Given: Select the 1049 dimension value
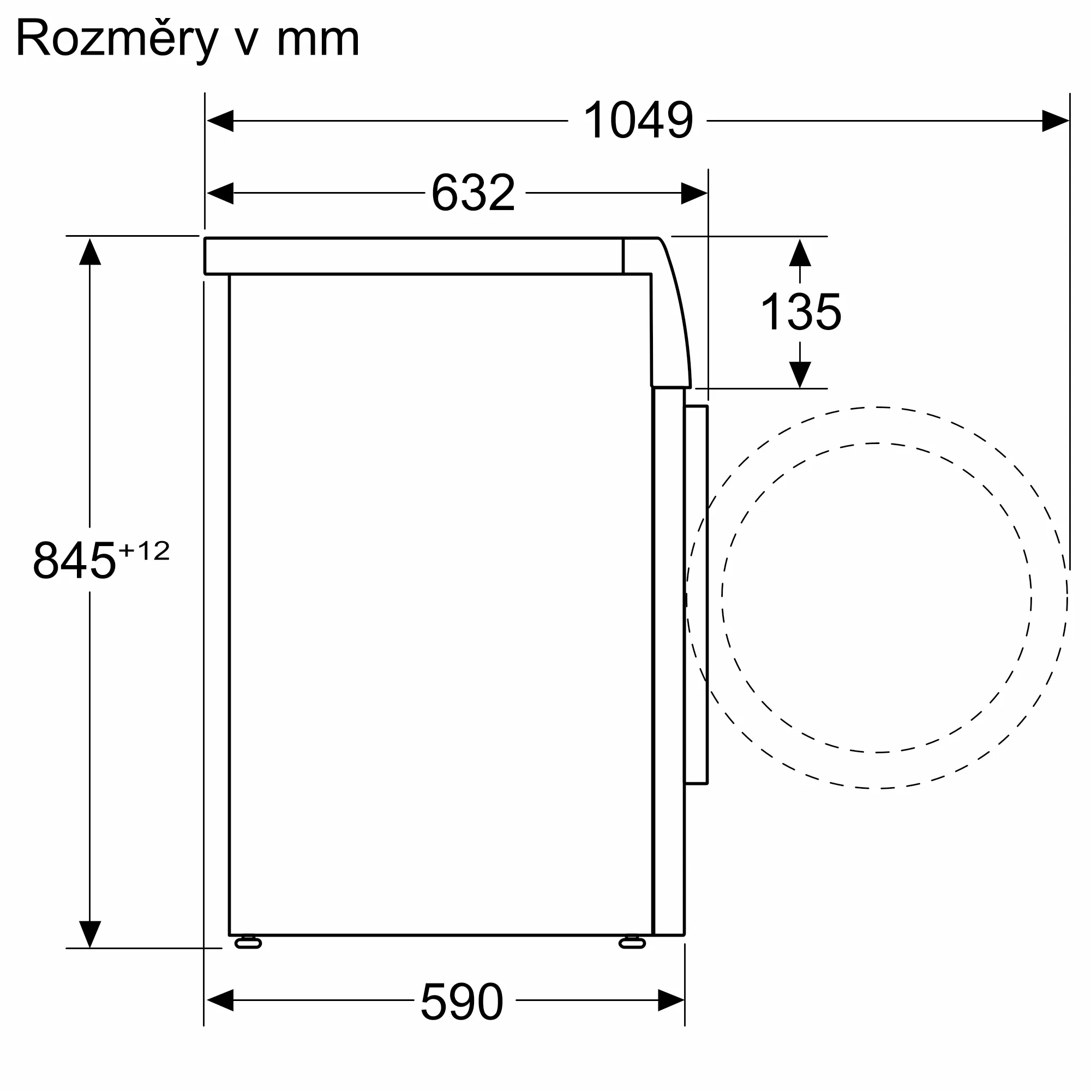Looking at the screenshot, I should click(638, 120).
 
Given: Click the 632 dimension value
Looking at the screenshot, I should click(473, 193).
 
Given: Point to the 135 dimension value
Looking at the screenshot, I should click(801, 311).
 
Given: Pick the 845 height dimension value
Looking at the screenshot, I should click(74, 560).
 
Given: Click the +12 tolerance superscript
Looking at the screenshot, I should click(143, 550).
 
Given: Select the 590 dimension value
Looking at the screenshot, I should click(461, 1001).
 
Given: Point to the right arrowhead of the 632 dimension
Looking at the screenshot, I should click(694, 193).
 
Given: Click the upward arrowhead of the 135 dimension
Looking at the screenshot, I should click(800, 253).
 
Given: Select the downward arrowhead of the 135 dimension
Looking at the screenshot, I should click(800, 374).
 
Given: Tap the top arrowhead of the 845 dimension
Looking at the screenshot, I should click(90, 252).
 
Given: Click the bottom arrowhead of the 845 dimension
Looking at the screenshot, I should click(90, 934).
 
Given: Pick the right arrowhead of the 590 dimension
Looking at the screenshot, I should click(671, 1000).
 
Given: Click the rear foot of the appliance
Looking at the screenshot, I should click(248, 943).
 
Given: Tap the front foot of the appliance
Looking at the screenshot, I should click(632, 943).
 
